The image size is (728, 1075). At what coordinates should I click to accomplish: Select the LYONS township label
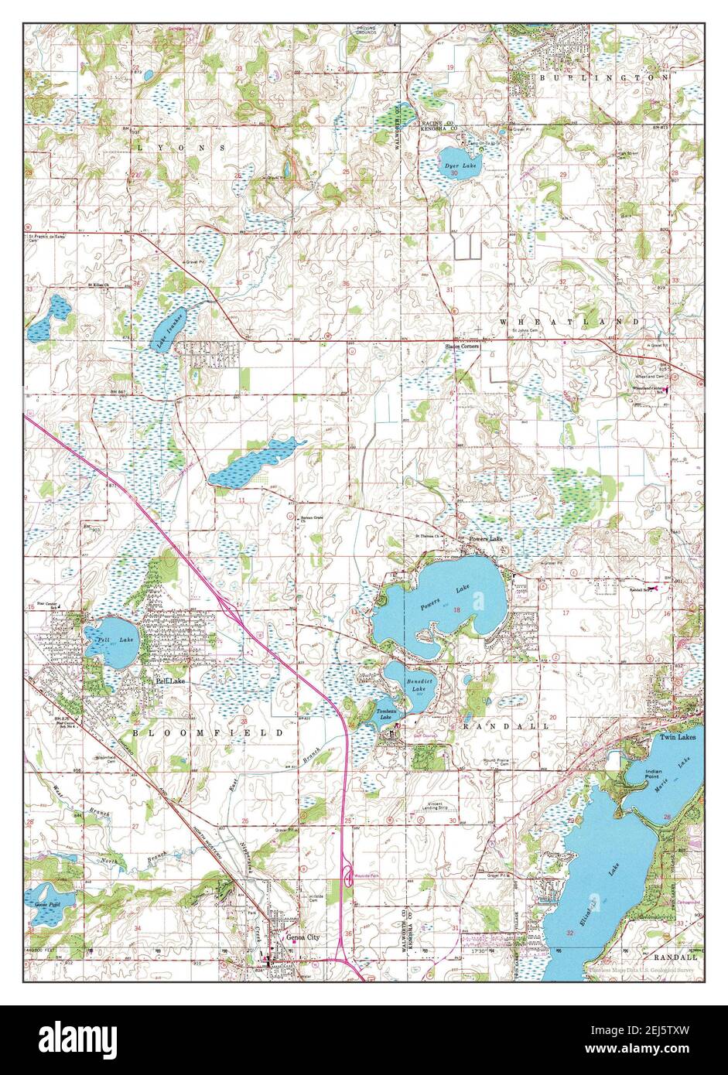tap(182, 146)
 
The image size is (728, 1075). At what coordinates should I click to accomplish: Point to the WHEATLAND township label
tap(569, 321)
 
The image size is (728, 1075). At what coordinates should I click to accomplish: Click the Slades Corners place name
tap(461, 346)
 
